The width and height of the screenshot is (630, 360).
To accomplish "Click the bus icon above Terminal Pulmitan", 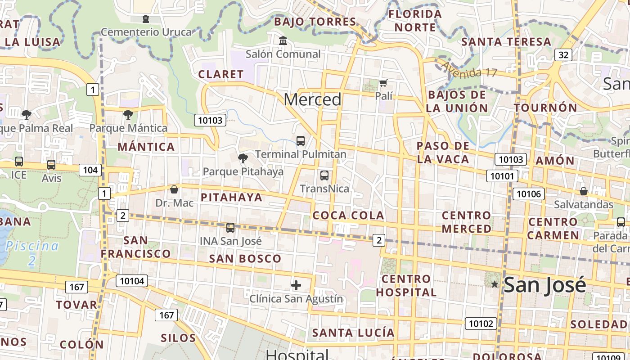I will [301, 141].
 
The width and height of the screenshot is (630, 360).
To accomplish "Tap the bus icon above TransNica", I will [324, 175].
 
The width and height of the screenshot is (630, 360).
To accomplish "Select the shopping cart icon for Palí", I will [383, 83].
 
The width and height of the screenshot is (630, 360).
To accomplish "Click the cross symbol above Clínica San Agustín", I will [296, 285].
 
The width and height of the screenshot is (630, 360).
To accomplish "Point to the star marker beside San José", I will [495, 284].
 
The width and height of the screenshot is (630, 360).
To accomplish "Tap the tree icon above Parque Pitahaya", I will [243, 158].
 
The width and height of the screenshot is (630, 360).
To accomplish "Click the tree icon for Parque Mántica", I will [128, 115].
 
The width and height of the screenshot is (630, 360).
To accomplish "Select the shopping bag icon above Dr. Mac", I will [174, 189].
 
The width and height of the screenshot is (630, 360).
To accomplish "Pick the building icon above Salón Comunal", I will [283, 41].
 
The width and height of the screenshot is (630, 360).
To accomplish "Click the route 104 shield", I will [90, 170].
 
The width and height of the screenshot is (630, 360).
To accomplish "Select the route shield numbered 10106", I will [529, 194].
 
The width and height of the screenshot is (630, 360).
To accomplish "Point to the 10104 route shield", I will [132, 281].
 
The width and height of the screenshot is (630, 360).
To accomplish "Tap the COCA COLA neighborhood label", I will [348, 216].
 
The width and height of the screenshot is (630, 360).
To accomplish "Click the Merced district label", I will [313, 99].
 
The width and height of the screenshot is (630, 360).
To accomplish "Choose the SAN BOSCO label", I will [245, 259].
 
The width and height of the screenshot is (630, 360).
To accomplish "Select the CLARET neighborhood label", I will [221, 74].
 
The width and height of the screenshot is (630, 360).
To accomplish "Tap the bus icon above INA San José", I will [230, 228].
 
